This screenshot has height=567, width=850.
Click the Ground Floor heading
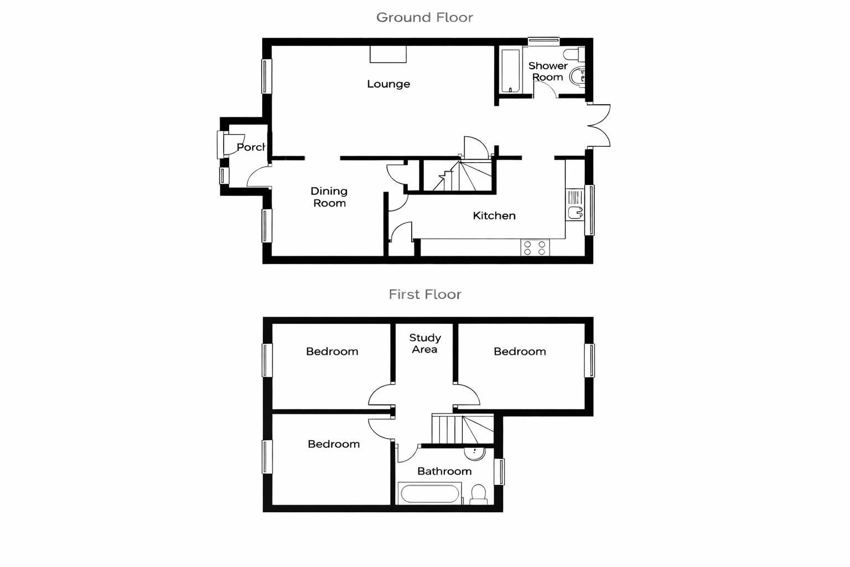pos(424,18)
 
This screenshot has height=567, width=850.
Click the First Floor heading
pos(424,295)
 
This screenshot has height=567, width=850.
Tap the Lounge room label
pos(388,84)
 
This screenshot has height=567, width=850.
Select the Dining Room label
pos(329,197)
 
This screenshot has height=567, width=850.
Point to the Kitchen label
pos(494,216)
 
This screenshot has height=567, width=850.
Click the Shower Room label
pos(548,71)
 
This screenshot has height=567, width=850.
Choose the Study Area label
pos(425,343)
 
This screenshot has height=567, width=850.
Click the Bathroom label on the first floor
pos(444,471)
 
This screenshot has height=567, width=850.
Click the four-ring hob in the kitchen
pos(535,248)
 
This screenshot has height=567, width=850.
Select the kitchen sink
pos(575,204)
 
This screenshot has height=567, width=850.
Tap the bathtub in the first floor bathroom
pos(429,493)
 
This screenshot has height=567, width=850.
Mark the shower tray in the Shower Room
pos(510,70)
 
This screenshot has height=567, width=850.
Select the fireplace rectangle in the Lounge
pos(388,54)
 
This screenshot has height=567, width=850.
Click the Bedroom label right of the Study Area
pos(520,352)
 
